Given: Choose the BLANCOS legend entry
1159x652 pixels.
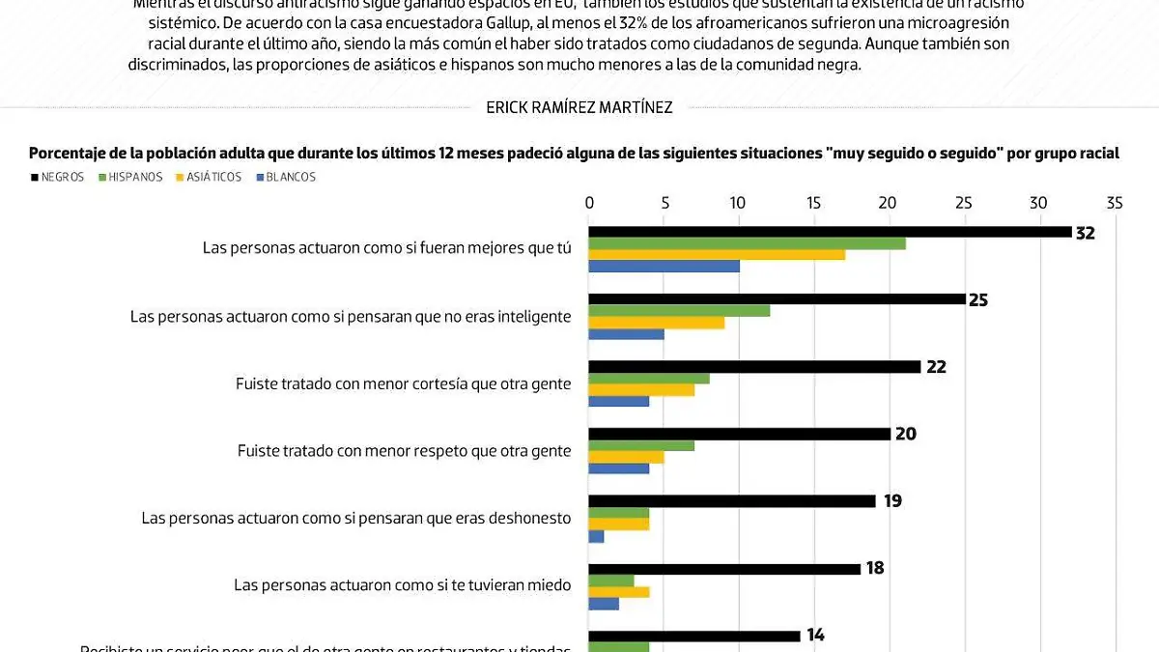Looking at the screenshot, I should click(285, 177).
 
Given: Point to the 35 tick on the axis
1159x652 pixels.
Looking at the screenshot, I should click(1114, 203).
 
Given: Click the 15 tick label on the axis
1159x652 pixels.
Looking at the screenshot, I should click(813, 203).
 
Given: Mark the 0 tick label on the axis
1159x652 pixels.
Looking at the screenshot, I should click(589, 203).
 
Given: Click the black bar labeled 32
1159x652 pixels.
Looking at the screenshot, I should click(830, 232).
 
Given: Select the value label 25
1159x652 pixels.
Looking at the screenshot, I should click(978, 300).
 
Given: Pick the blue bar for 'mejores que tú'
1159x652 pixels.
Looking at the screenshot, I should click(664, 266).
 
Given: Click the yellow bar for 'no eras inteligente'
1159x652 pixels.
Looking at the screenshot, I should click(656, 323).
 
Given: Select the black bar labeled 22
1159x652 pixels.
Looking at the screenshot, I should click(754, 367).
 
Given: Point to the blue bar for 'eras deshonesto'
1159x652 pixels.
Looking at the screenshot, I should click(596, 536).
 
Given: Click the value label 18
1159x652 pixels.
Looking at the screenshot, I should click(875, 568).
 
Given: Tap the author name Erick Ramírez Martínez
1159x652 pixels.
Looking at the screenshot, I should click(579, 108).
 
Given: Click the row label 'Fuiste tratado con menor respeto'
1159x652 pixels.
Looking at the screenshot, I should click(404, 451).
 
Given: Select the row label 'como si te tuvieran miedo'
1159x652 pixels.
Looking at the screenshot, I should click(402, 584).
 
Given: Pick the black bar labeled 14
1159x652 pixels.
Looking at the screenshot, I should click(694, 636).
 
